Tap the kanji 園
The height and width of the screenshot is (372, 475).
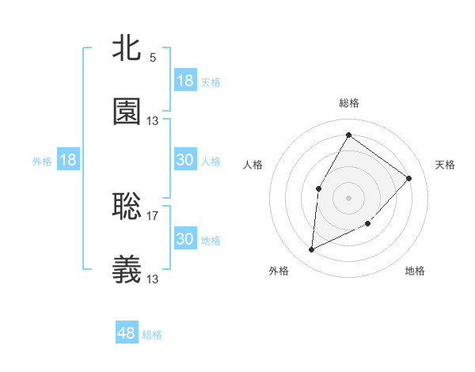point(127,112)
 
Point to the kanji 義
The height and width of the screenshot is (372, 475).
point(127,269)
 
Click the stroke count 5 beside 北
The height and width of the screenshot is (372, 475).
point(152,57)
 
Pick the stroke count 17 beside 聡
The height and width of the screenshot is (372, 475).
point(153,215)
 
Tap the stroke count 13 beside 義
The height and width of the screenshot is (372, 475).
point(153,279)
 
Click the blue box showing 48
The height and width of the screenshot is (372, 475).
point(127,333)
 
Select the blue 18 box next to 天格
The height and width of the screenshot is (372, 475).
point(184,81)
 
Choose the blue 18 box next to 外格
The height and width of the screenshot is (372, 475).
point(68,160)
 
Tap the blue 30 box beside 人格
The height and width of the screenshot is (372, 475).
point(184,160)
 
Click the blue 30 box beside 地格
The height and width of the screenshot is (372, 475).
point(184,239)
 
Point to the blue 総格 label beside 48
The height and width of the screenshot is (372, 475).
point(152,335)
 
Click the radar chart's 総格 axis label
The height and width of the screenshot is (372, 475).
point(348,103)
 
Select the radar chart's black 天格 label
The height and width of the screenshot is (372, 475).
point(445,165)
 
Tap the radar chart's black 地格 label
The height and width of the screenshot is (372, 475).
point(415,271)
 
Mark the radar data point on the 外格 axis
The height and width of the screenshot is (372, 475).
point(311,250)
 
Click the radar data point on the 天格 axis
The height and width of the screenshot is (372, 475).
point(409,178)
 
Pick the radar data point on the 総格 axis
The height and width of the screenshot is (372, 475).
point(348,135)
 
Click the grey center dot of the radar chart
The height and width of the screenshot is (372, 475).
point(348,198)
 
